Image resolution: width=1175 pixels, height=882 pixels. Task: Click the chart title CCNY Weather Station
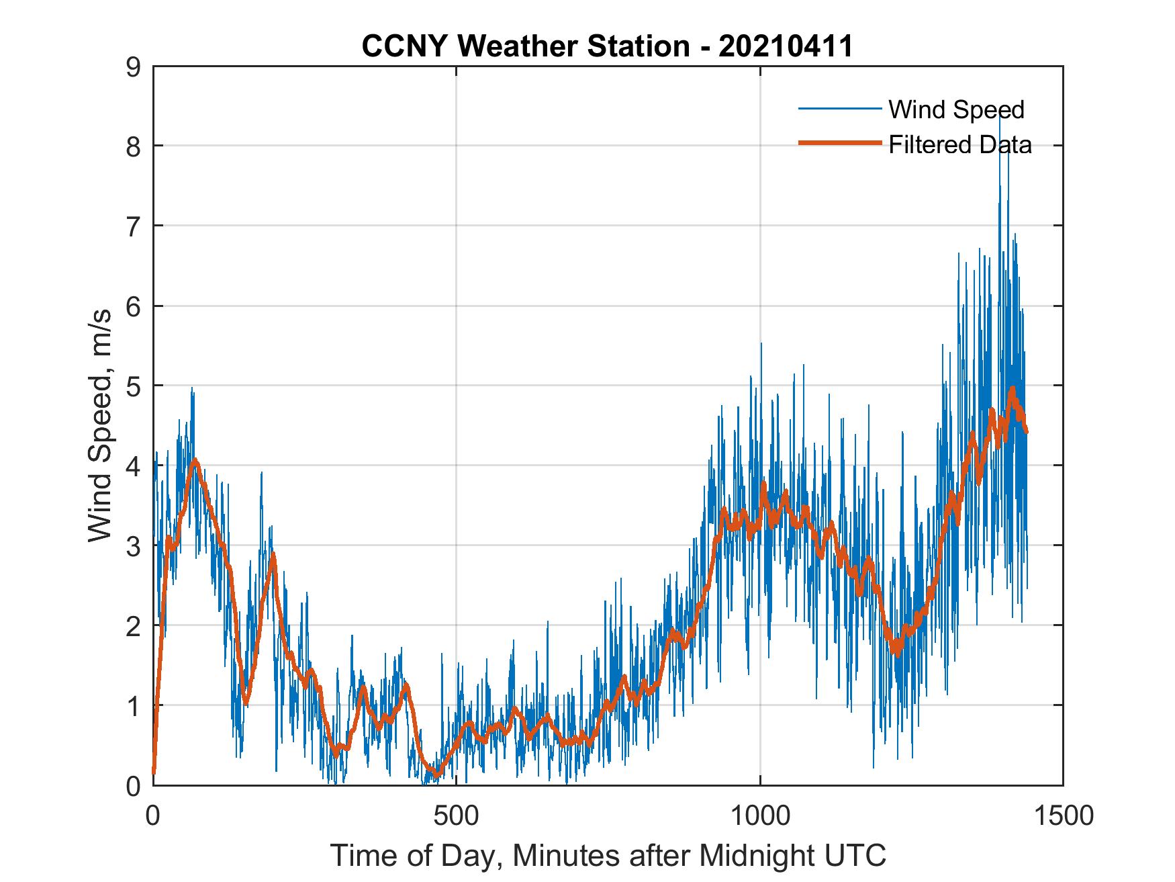point(525,46)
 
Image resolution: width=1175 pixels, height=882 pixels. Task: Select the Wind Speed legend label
point(956,109)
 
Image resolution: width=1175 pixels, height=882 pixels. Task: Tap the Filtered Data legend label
point(959,144)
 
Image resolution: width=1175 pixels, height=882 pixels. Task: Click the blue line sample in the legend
point(839,109)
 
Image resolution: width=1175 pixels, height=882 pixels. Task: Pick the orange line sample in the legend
point(839,142)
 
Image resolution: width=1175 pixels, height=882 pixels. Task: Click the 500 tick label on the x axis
point(456,815)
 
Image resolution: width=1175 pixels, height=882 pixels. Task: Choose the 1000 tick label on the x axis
point(760,815)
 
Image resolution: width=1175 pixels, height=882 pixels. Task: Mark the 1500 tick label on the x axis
point(1063,815)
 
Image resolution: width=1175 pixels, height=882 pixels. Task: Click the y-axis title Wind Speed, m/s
point(100,437)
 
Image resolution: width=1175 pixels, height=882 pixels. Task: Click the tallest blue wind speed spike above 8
point(1000,118)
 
